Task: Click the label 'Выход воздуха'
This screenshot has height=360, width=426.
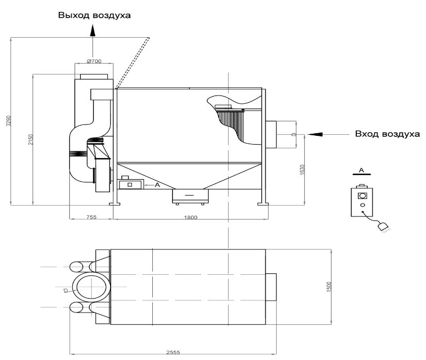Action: (94, 15)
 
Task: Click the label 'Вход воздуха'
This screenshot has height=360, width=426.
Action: (387, 134)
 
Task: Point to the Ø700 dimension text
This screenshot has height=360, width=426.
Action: (94, 61)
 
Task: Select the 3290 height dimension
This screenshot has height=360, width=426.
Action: (9, 121)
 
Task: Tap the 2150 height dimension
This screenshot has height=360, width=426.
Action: (30, 139)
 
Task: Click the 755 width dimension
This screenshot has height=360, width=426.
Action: (91, 217)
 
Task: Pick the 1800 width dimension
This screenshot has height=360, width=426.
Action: (191, 217)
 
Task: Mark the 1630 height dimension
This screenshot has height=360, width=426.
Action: (303, 169)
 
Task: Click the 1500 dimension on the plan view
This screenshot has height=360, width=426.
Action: (329, 287)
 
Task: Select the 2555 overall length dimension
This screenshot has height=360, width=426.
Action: (173, 352)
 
